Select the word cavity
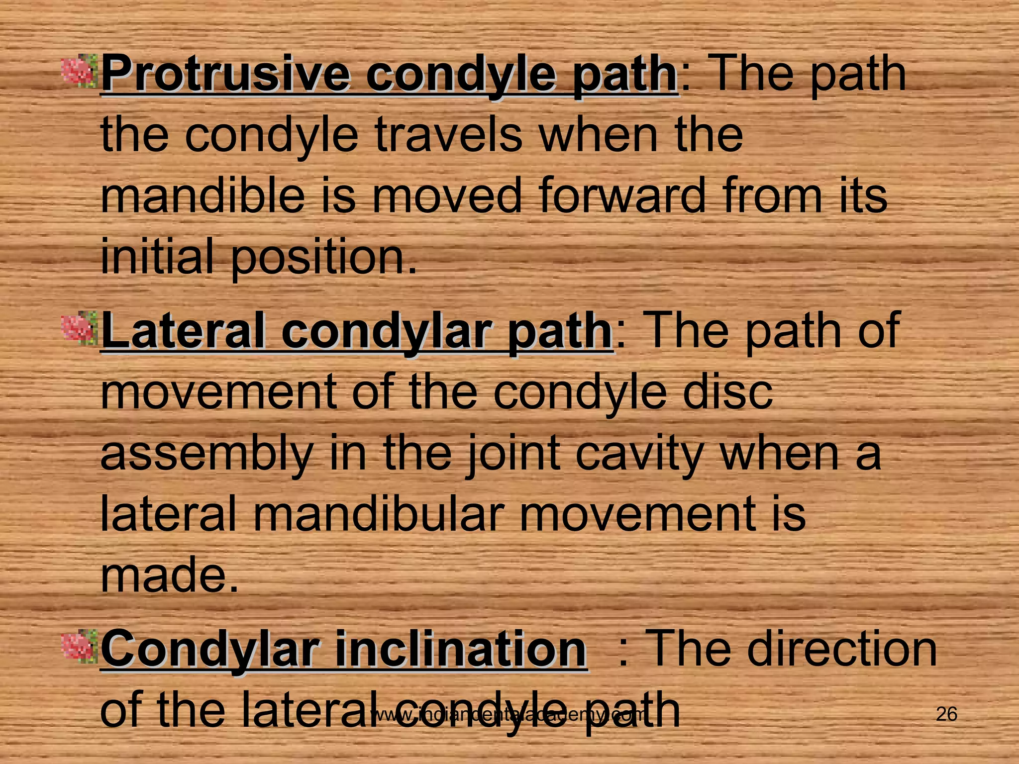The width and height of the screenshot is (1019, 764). pos(639,454)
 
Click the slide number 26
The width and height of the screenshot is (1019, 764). pos(946,714)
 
